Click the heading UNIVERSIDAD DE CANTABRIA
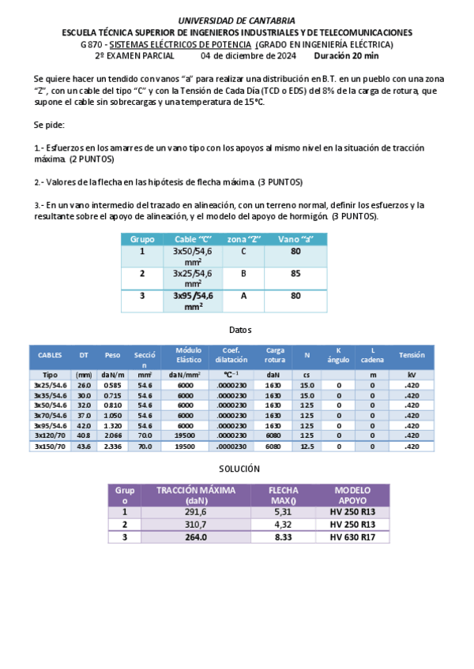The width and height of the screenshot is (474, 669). pos(237,20)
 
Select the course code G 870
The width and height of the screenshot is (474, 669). pos(92,45)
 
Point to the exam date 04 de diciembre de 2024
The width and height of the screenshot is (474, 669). pos(248,57)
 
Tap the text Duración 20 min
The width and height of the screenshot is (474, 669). pos(346,57)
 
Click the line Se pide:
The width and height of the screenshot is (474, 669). pos(49,125)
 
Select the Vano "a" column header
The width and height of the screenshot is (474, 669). pos(296,239)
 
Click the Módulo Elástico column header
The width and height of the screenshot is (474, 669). pos(189,355)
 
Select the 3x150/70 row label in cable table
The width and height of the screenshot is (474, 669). pos(50,446)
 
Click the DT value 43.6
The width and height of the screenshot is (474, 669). pos(84,446)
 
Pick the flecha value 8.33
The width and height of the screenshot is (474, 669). pos(283,536)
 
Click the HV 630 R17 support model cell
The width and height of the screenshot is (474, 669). pos(352,536)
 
